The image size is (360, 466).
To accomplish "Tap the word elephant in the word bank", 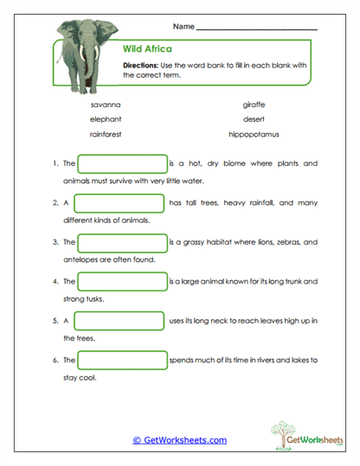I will [106, 119].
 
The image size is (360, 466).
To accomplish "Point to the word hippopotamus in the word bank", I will [254, 135].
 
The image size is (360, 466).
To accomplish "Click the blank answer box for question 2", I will [119, 203].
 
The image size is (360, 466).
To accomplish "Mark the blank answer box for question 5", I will [119, 322].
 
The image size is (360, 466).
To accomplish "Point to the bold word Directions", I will [142, 66].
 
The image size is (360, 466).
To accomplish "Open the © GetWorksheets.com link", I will [179, 440].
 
